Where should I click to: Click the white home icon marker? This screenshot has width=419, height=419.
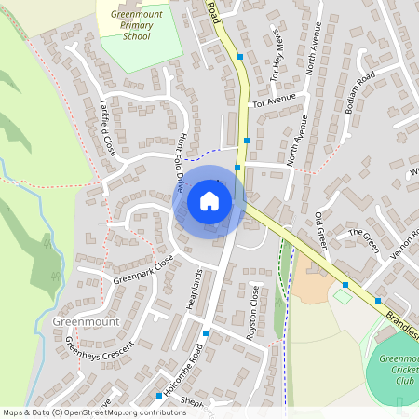point(209,200)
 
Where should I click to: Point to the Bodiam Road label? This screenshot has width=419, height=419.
point(358,92)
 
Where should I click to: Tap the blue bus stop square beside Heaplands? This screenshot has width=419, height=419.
point(206,332)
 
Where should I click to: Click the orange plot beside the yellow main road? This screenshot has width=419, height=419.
point(310,288)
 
